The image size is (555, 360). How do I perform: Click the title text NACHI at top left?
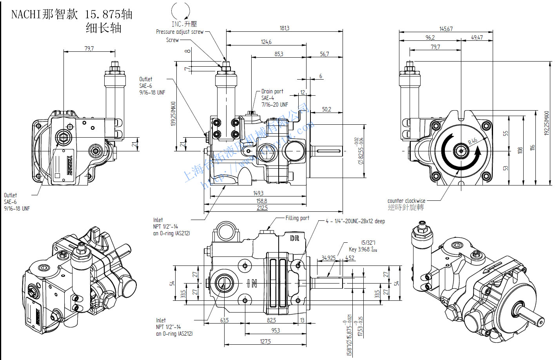point(26,15)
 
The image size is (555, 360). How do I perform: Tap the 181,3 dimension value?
point(285,28)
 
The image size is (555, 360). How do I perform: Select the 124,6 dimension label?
point(266,42)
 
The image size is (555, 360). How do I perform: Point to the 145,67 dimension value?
point(446,29)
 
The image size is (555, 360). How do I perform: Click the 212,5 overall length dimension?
point(262,208)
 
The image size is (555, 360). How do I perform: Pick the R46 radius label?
point(473,141)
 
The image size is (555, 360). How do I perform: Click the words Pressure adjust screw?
point(180,32)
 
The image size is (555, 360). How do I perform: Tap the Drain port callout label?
point(272,91)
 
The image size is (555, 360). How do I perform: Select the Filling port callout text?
point(297,218)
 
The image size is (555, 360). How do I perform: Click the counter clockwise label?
point(406,201)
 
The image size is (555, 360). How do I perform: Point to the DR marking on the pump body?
point(294,238)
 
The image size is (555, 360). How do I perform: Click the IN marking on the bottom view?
point(252,283)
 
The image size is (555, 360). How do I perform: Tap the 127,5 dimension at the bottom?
point(265,342)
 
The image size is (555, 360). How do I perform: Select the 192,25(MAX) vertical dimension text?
point(547,123)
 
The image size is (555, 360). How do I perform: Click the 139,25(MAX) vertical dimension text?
point(174,114)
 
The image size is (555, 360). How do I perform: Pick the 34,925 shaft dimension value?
point(328,258)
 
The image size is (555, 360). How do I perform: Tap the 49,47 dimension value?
point(477,38)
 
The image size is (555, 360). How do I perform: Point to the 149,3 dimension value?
point(258,193)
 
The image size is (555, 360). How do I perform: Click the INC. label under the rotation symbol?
point(178,24)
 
